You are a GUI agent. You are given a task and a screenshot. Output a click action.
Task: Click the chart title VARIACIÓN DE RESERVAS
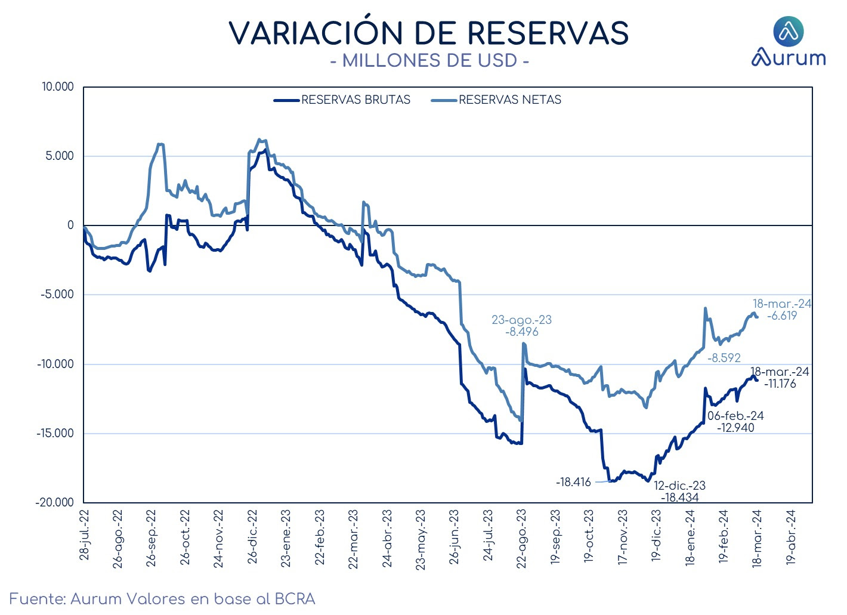[x=429, y=33]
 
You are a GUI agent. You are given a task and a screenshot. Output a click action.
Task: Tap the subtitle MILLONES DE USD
[x=429, y=60]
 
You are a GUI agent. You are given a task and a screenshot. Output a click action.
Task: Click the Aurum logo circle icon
[x=789, y=32]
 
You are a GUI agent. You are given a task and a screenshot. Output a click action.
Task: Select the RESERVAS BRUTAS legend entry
[x=342, y=100]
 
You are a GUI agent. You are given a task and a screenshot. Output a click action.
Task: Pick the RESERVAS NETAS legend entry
[x=496, y=100]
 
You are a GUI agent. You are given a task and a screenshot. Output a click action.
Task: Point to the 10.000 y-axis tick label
[x=57, y=86]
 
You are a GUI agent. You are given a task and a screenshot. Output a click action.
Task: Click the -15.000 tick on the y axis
[x=55, y=433]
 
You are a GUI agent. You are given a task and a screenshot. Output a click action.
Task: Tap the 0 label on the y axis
[x=71, y=225]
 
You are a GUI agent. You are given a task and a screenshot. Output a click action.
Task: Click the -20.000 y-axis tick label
[x=55, y=502]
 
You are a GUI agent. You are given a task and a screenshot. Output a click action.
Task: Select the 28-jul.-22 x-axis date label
[x=84, y=535]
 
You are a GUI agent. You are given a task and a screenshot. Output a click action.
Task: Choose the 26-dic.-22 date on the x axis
[x=252, y=537]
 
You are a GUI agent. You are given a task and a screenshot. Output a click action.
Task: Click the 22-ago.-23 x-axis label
[x=521, y=539]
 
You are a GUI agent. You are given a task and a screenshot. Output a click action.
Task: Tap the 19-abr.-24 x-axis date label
[x=791, y=537]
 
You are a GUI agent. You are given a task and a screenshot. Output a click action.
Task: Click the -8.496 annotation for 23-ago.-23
[x=522, y=332]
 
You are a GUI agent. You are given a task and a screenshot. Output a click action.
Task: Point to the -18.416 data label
[x=573, y=482]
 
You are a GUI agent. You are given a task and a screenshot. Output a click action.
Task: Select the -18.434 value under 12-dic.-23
[x=680, y=497]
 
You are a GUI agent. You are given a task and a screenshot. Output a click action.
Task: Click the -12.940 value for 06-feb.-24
[x=735, y=428]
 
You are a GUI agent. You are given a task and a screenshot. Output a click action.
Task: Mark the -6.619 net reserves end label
[x=782, y=316]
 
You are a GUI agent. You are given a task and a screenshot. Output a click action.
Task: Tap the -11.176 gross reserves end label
[x=780, y=384]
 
